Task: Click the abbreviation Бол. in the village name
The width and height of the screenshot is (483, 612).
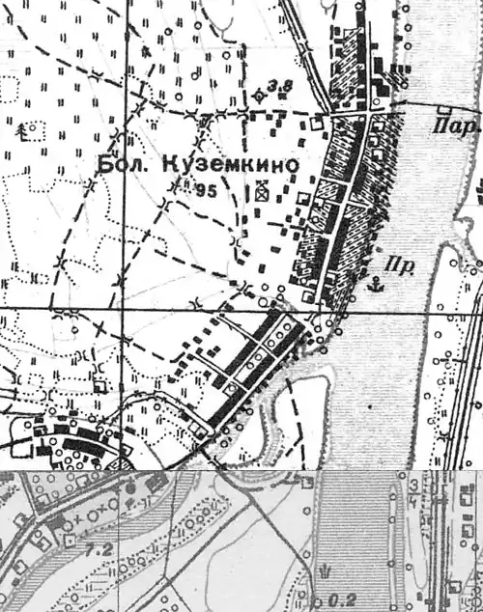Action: click(120, 166)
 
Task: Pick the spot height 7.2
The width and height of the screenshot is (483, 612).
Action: click(96, 548)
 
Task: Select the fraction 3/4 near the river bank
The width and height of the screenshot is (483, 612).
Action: click(412, 487)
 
